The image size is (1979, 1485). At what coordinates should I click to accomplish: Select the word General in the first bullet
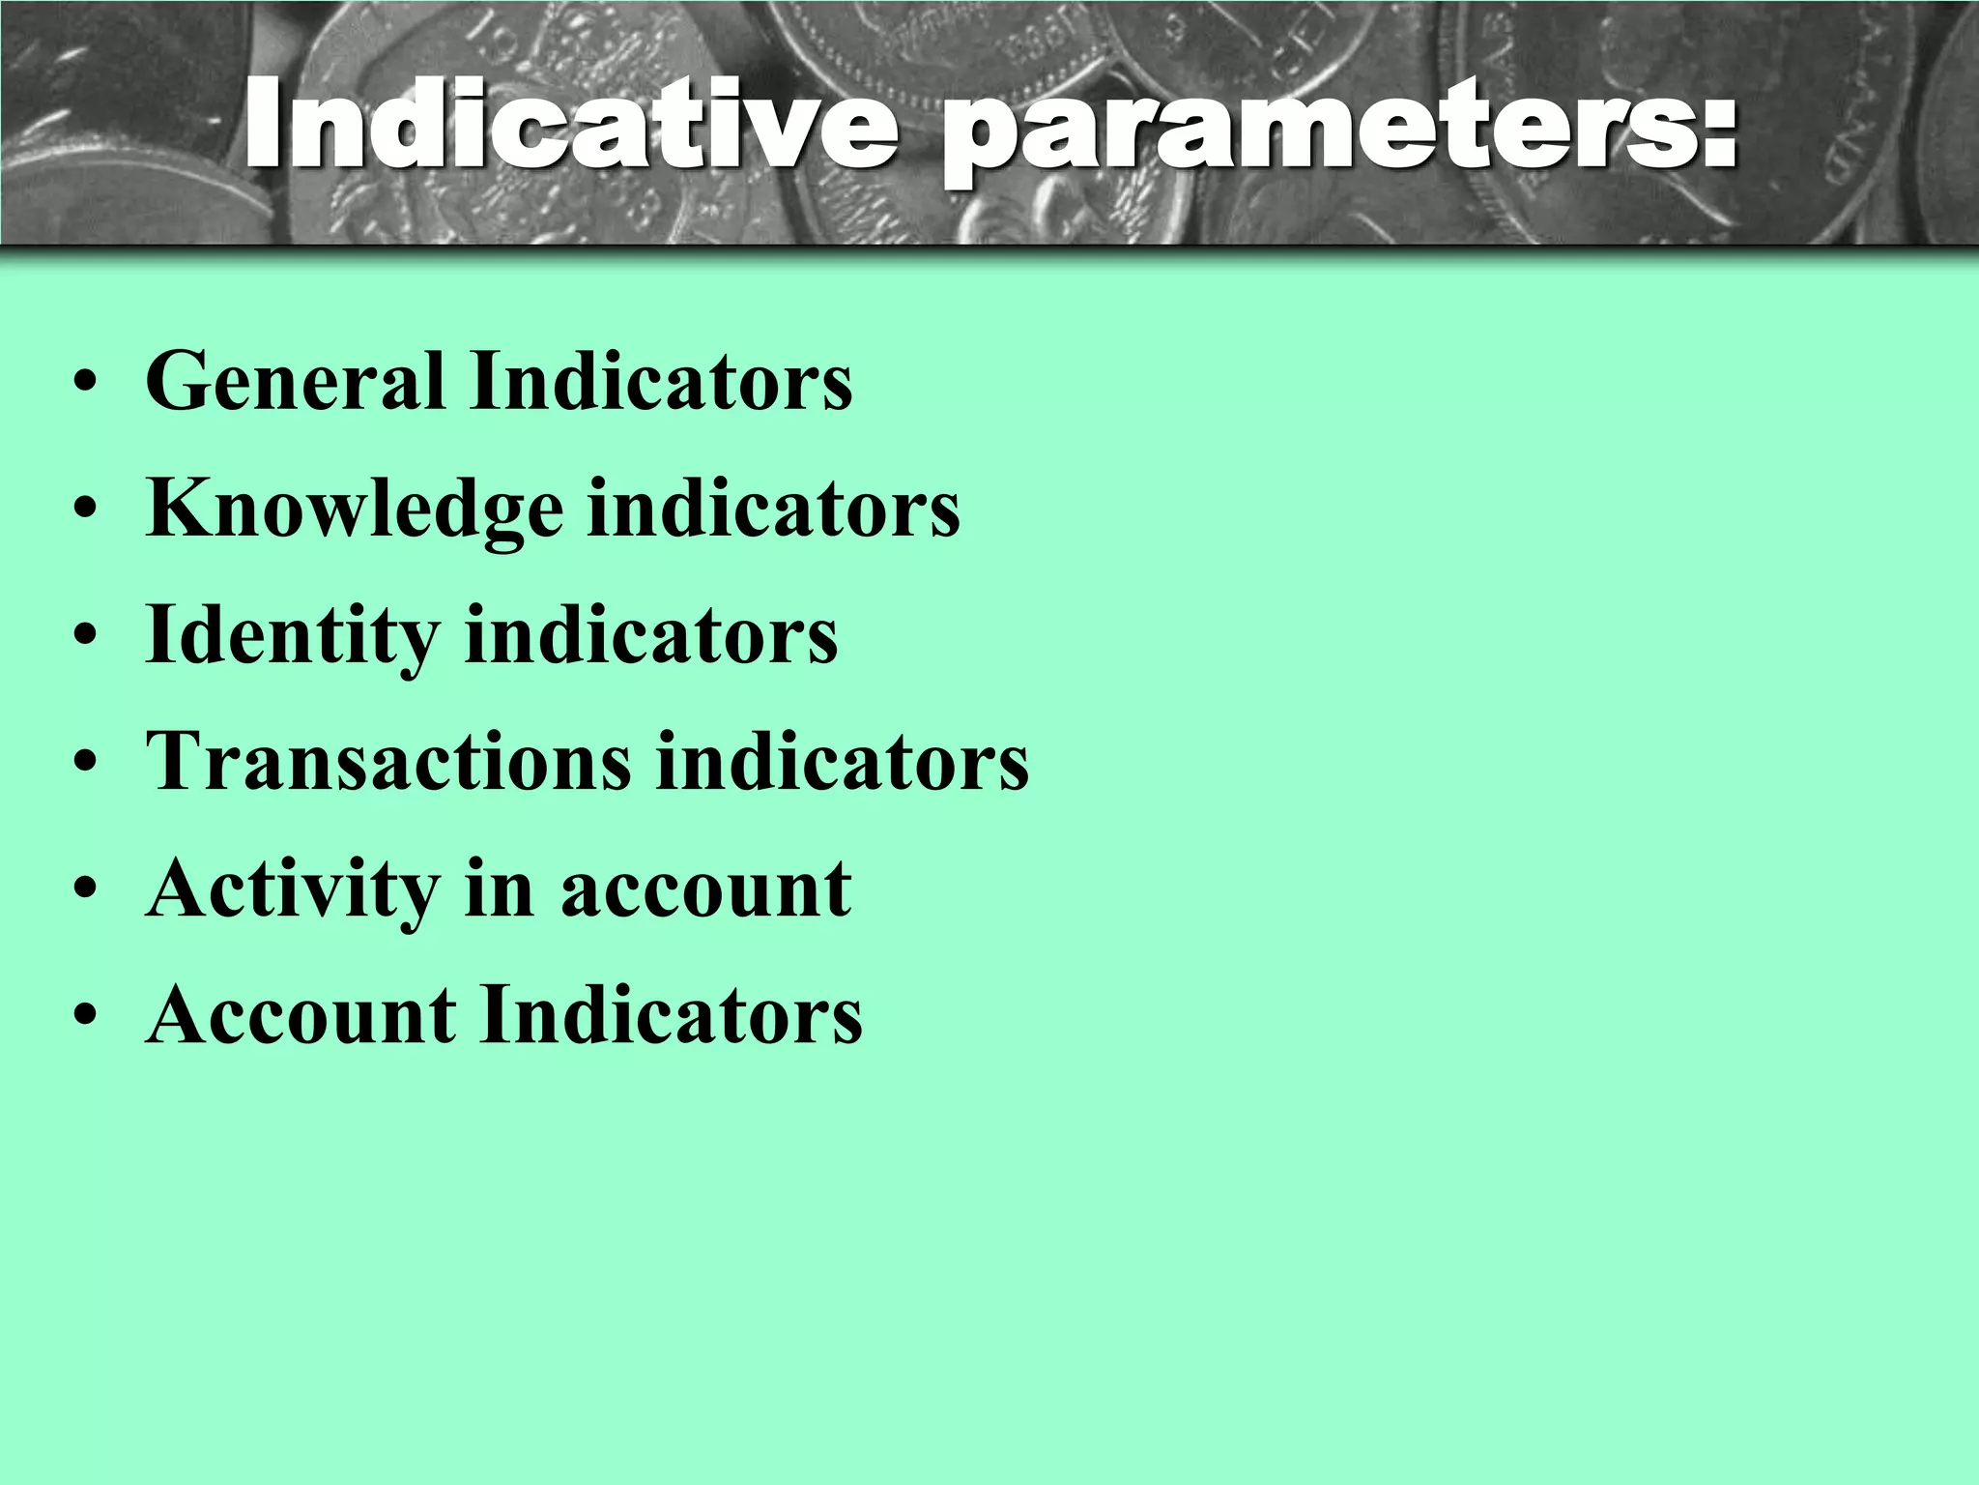(295, 382)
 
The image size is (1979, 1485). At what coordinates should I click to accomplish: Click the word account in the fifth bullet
(705, 889)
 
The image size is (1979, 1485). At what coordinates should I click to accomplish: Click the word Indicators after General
(662, 382)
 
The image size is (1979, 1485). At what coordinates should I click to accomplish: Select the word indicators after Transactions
(843, 762)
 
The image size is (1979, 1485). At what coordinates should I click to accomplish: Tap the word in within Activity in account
(499, 889)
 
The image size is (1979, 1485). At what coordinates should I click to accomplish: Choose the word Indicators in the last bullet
(672, 1015)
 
